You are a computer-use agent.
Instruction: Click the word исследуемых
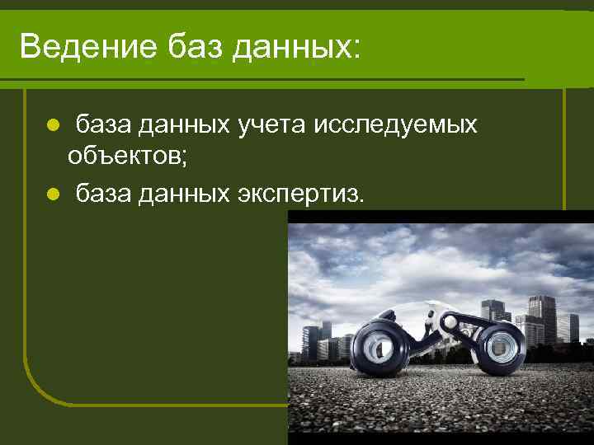tap(395, 125)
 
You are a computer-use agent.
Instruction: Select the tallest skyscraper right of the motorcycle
tap(542, 317)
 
